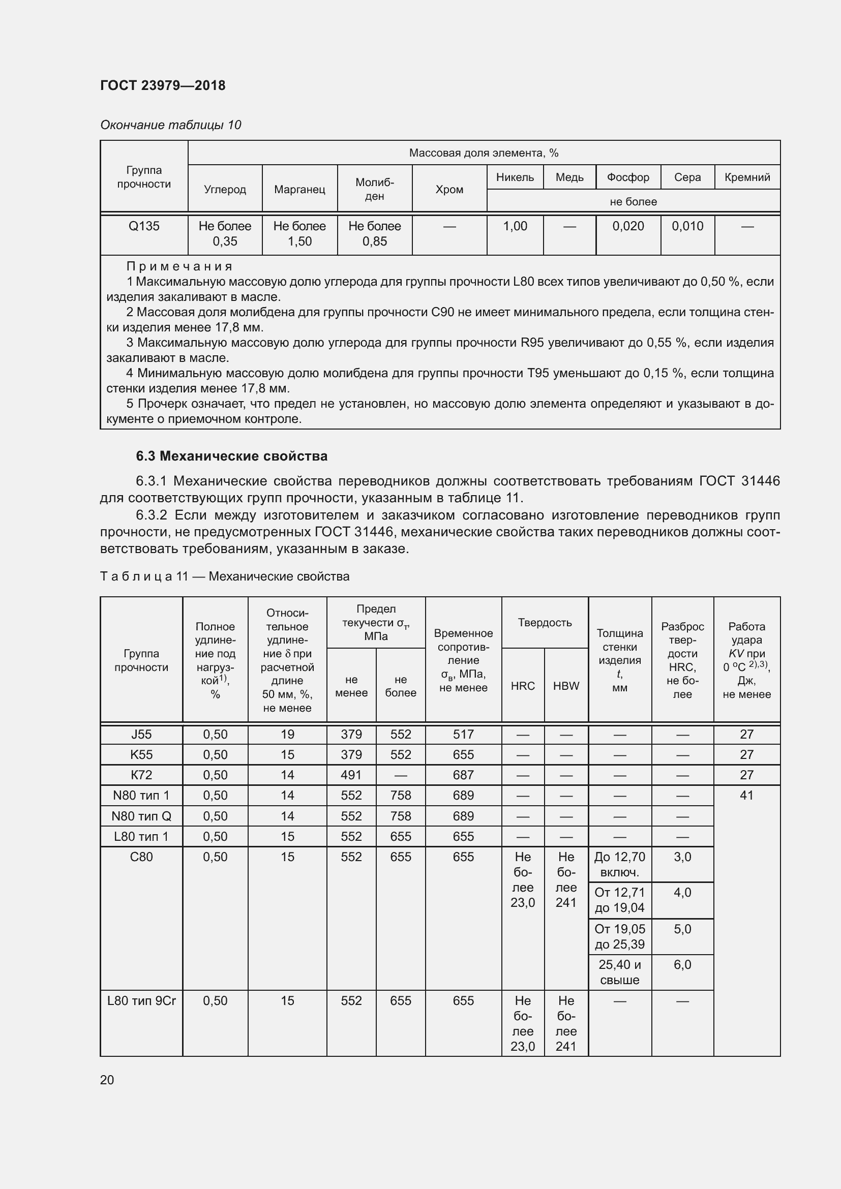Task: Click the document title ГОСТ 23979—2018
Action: click(163, 85)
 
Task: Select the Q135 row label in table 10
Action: click(144, 226)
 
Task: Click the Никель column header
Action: click(515, 177)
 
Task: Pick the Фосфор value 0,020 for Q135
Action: click(628, 226)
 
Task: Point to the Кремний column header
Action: click(747, 177)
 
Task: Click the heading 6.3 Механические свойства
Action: click(231, 455)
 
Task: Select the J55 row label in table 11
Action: click(141, 735)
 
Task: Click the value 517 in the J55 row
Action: click(463, 735)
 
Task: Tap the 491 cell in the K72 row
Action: click(351, 775)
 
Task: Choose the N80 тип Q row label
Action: click(141, 816)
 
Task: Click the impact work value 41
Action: click(746, 796)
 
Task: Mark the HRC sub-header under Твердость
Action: click(523, 686)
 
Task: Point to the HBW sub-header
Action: click(566, 686)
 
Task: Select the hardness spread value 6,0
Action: click(682, 965)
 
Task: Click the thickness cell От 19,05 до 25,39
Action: click(619, 936)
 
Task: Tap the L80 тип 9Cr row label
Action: click(141, 1000)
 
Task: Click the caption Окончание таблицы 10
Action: click(170, 125)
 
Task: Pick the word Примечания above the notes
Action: click(179, 266)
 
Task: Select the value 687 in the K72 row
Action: click(463, 775)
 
